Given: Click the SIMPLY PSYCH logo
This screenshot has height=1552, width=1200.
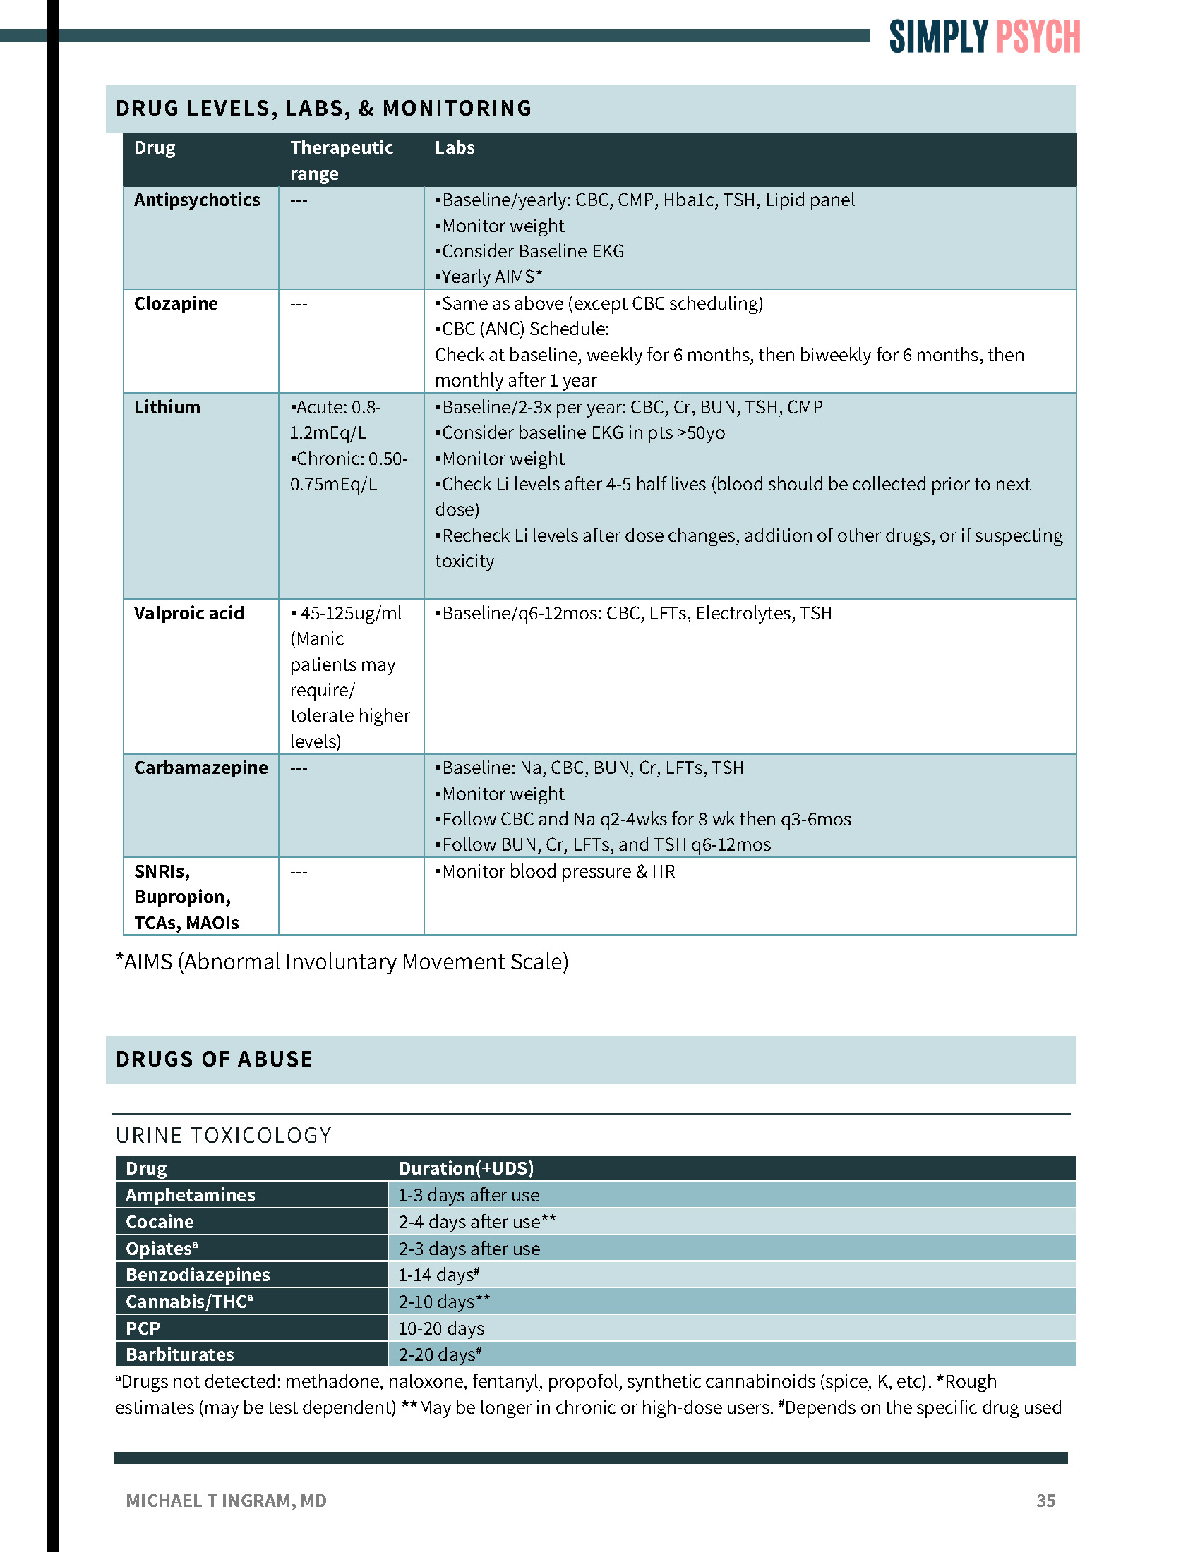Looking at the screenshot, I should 984,37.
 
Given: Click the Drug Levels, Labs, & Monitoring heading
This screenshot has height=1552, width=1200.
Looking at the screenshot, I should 323,108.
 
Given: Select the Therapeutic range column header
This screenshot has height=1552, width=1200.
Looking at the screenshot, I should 341,160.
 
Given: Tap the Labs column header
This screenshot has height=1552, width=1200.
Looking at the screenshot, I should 455,148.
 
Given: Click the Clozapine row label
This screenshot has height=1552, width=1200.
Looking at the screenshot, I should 176,303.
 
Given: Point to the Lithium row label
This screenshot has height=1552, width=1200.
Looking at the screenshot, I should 167,407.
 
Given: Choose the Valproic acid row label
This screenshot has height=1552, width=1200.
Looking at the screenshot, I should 189,613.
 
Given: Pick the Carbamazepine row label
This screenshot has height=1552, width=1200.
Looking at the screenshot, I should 201,768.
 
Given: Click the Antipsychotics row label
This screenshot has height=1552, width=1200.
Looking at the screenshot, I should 197,200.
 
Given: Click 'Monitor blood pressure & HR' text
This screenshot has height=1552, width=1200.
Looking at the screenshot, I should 556,871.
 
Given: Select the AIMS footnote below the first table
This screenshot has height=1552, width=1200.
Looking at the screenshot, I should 342,962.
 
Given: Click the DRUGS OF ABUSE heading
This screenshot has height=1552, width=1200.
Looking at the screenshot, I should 214,1059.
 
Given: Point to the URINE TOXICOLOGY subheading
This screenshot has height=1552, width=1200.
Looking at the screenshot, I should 223,1135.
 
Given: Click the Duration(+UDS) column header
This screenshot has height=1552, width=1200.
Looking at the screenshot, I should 466,1168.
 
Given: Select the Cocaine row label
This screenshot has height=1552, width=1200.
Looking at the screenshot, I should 160,1222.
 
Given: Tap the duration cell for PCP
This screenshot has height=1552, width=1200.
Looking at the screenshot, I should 441,1328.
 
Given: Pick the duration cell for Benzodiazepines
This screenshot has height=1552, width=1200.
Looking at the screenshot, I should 438,1275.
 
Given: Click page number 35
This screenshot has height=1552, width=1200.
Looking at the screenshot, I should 1045,1500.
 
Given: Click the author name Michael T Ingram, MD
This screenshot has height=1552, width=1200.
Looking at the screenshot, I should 226,1500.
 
